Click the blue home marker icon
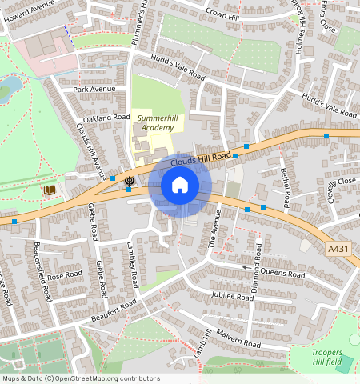[x=180, y=186]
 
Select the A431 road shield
[x=338, y=250]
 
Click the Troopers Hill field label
[x=326, y=358]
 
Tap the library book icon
[x=50, y=190]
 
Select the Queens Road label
[x=282, y=273]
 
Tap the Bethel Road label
[x=288, y=186]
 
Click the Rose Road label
[x=65, y=276]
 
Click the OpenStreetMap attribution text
[x=81, y=378]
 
